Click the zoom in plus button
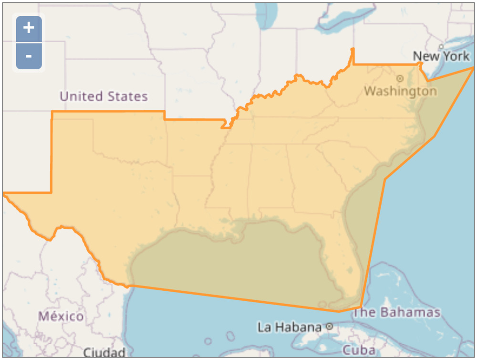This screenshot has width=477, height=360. coord(29,28)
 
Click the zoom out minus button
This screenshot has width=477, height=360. coord(29,56)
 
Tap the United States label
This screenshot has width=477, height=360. coord(104,96)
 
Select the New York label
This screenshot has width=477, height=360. coord(441,56)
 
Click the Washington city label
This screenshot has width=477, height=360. coord(400,91)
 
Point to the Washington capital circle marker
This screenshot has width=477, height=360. coord(400,78)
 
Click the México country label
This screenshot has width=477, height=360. coord(61,316)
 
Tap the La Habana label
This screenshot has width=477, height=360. coord(290,328)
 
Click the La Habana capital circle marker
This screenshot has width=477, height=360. coord(329,327)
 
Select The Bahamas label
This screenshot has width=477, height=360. coord(397,313)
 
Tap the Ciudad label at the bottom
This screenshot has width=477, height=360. coord(104,353)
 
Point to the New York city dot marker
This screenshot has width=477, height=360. coord(441,46)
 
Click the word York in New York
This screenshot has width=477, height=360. coord(456,56)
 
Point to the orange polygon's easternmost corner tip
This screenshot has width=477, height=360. coord(474,68)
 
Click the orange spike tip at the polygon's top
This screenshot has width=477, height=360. coord(353,49)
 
